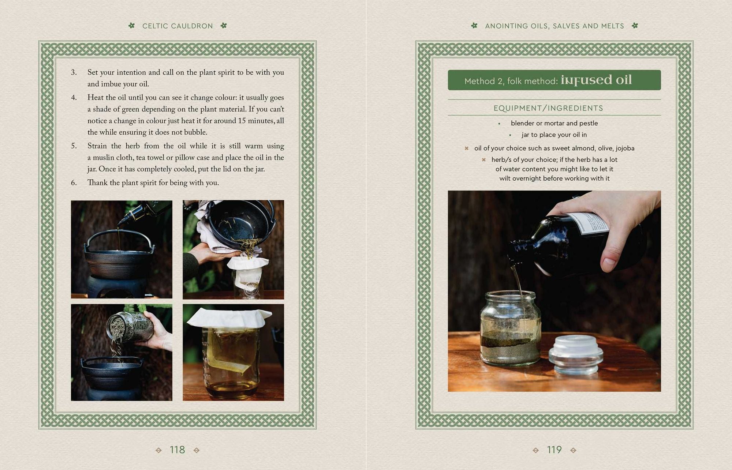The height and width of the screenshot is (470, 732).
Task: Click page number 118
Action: coord(177,450)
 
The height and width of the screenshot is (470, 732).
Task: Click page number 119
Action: coord(554,450)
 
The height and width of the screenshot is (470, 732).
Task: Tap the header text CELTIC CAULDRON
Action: coord(178,26)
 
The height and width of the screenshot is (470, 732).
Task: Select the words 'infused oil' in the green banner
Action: coord(596,80)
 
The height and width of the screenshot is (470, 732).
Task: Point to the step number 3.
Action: coord(74,72)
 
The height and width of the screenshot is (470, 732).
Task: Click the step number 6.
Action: coord(74,183)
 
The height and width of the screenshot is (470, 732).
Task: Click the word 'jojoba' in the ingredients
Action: coord(625,148)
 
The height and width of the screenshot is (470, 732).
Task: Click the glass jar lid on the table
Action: coord(575,355)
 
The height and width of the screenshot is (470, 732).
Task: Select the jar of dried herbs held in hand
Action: coord(130,327)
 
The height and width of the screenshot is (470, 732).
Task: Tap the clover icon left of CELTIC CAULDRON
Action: coord(131,26)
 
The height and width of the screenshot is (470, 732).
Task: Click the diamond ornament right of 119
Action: coord(573,450)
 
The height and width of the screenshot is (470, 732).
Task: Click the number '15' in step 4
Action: coord(242,121)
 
